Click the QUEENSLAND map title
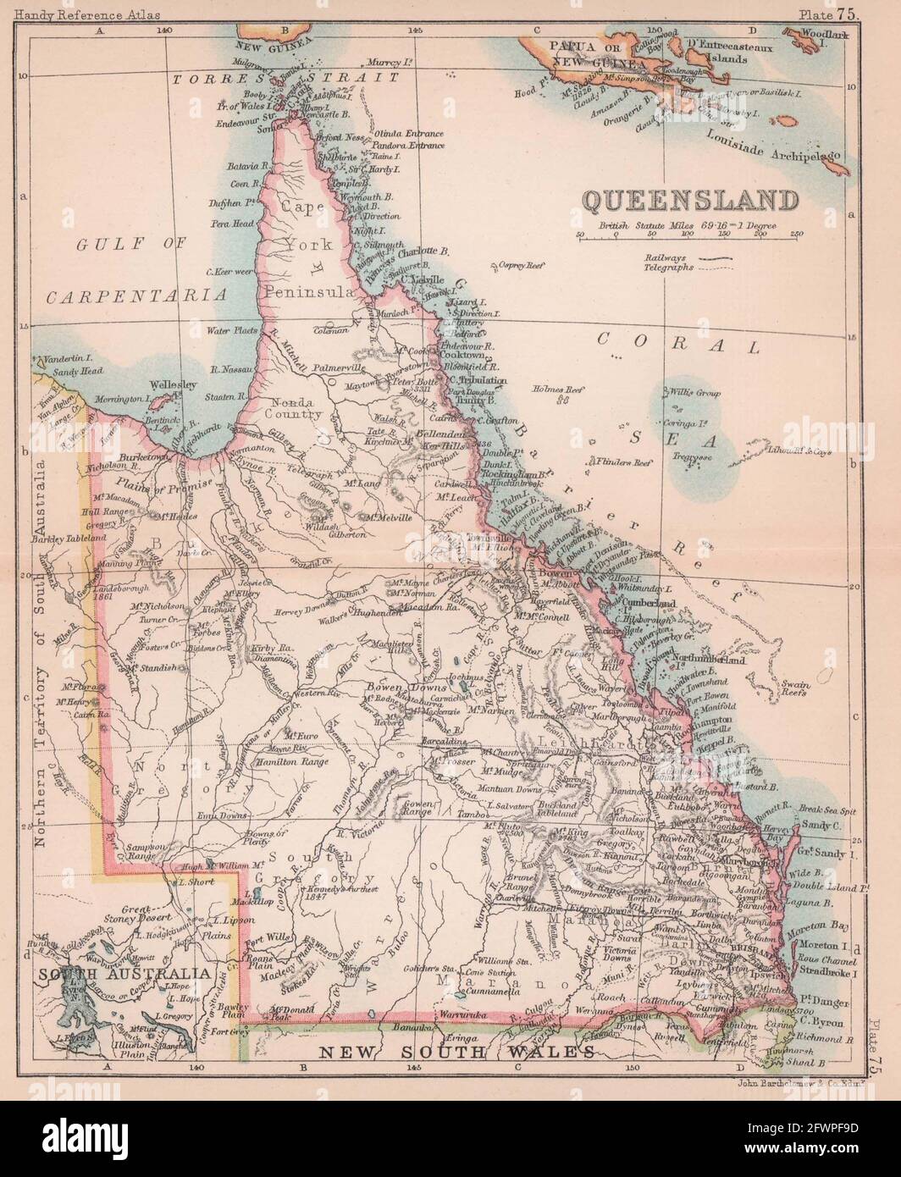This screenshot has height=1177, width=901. (x=690, y=202)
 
